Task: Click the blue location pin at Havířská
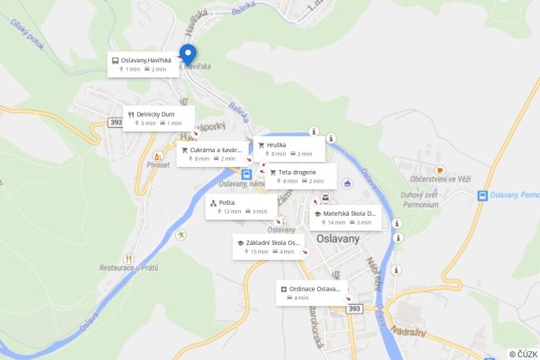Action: [x=187, y=54]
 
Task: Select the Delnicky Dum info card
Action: [x=158, y=118]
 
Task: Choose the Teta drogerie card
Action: [x=300, y=176]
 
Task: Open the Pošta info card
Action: [x=241, y=206]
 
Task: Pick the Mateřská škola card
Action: [x=345, y=217]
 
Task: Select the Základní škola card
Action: [x=268, y=247]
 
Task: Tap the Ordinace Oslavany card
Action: [x=311, y=293]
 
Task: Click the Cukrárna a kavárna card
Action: [x=212, y=154]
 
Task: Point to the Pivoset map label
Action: [x=158, y=165]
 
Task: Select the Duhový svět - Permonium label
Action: [x=420, y=199]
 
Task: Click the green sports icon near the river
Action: [x=182, y=235]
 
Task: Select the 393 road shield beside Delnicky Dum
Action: [x=116, y=122]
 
